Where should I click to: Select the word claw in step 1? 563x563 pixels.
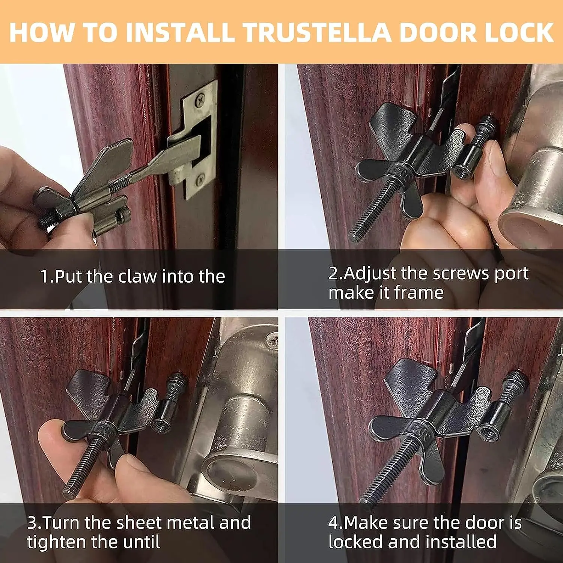137,277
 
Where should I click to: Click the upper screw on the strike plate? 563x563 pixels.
201,99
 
